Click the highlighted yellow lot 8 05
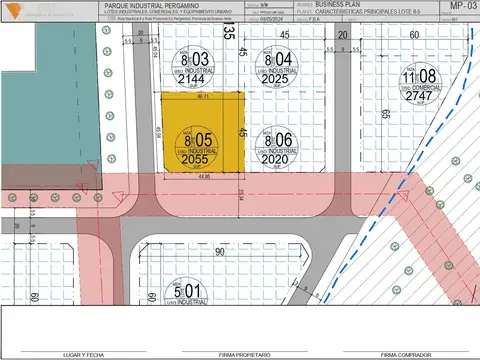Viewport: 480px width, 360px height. [x=203, y=130]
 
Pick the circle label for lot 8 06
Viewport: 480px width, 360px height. [x=279, y=147]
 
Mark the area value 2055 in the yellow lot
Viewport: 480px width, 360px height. [x=196, y=159]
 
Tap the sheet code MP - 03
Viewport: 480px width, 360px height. [x=465, y=6]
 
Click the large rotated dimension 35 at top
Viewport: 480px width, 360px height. [x=229, y=33]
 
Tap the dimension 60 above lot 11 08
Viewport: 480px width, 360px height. [x=414, y=35]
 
